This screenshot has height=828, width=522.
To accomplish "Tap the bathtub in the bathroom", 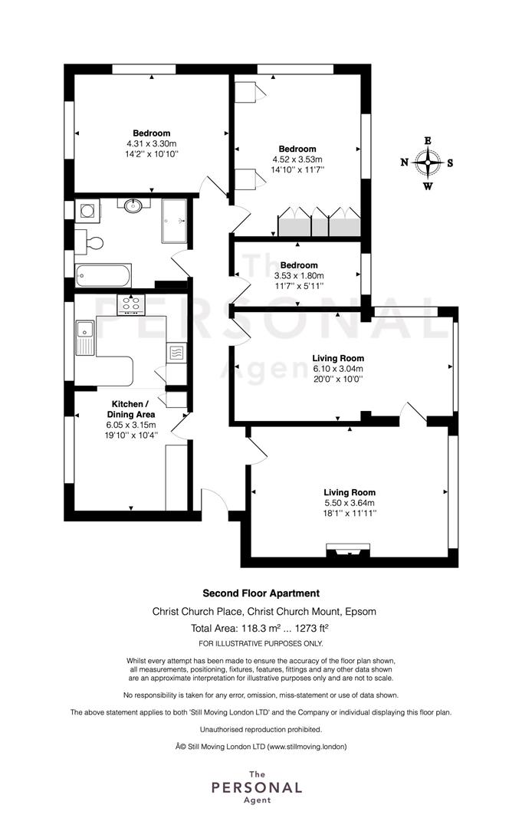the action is point(103,276).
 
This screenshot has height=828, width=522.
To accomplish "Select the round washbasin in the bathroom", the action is point(133,205).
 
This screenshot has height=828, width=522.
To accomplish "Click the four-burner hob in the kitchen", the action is point(131,304).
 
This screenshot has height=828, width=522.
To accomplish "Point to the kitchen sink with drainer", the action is point(84,337).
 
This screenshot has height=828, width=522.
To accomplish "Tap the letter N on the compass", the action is point(404,162).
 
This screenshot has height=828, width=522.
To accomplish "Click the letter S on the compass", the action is point(450,163).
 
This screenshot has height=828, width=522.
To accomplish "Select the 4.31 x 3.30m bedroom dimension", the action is point(152,143).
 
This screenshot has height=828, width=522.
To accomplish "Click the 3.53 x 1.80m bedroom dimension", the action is point(299,276).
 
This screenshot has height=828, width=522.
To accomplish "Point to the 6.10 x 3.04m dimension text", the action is point(338,369).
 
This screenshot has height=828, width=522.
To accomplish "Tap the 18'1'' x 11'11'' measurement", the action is point(350,513).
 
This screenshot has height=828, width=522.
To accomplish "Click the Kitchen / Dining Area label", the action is point(131,409).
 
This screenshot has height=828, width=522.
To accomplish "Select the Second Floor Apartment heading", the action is point(261,593).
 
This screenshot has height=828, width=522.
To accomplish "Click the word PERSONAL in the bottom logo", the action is point(257,788).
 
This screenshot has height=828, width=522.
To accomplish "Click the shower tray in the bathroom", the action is point(175,221).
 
